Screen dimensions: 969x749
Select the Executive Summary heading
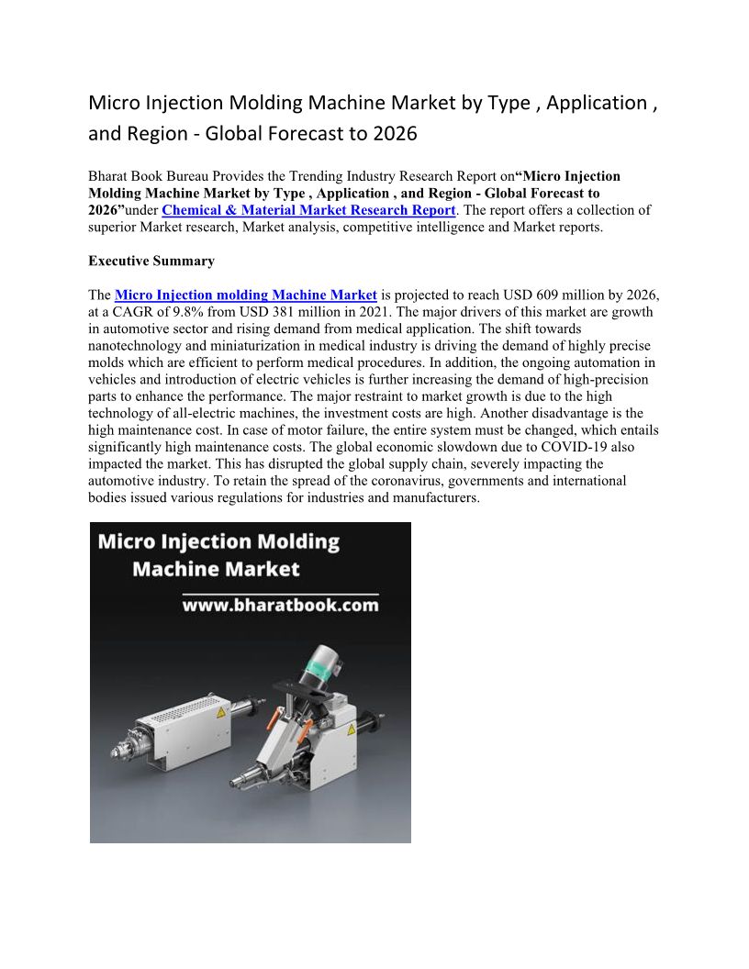[x=151, y=261]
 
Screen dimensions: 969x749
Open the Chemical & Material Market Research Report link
[x=308, y=210]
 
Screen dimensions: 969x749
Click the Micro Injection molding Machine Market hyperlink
[x=246, y=295]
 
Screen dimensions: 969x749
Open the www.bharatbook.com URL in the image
[x=280, y=606]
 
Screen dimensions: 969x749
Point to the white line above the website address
[x=280, y=593]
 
